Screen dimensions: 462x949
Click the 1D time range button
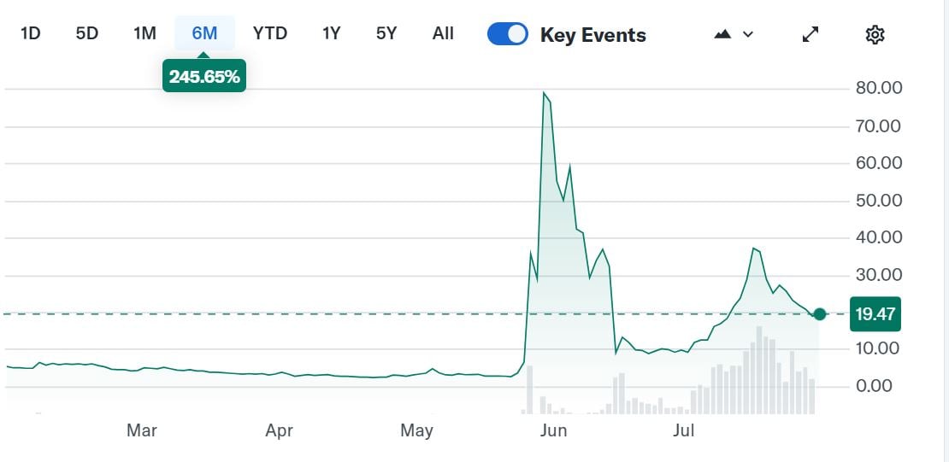[x=30, y=33]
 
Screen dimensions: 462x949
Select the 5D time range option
[x=87, y=33]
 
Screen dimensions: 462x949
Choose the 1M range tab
[x=144, y=33]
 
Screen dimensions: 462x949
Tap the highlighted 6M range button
[x=204, y=33]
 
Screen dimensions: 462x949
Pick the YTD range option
[x=270, y=33]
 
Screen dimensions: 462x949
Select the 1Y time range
[x=331, y=33]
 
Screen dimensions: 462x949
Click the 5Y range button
[x=386, y=33]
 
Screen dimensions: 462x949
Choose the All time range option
[x=443, y=33]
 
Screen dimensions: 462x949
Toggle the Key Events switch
[x=508, y=34]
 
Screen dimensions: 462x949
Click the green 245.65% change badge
[x=204, y=77]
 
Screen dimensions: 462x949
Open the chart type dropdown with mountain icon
[x=734, y=34]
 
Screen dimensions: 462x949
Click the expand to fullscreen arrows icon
[x=810, y=34]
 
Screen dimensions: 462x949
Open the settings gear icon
[x=875, y=34]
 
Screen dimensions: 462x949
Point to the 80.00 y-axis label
[x=879, y=88]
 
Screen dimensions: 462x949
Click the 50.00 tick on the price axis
[x=879, y=200]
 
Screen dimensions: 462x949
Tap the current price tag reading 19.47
[x=875, y=313]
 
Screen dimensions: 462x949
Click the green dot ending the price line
[x=820, y=314]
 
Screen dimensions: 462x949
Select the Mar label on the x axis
[x=142, y=430]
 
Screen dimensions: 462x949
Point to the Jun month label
[x=554, y=430]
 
